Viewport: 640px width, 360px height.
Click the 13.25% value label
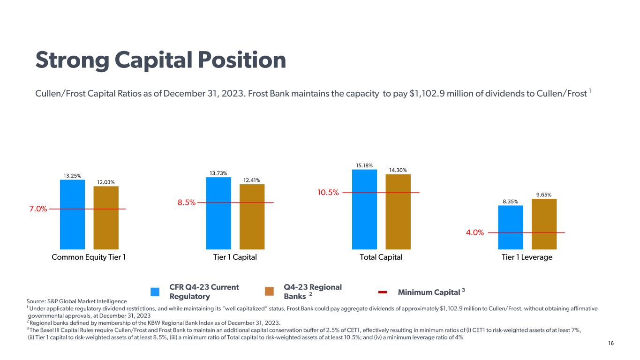pyautogui.click(x=72, y=176)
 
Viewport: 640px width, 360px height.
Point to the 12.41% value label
pyautogui.click(x=252, y=180)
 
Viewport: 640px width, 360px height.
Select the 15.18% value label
pyautogui.click(x=364, y=165)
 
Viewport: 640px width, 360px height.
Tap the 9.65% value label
pyautogui.click(x=544, y=195)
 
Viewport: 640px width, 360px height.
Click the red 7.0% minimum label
pyautogui.click(x=38, y=209)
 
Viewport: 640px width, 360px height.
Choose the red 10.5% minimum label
pyautogui.click(x=328, y=193)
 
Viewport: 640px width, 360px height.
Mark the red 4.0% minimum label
pyautogui.click(x=474, y=232)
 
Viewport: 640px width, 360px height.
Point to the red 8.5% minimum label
pyautogui.click(x=186, y=203)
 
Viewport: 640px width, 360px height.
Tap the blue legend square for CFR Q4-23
pyautogui.click(x=155, y=292)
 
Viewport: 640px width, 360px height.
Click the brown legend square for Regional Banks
pyautogui.click(x=269, y=292)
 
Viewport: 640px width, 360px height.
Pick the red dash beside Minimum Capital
pyautogui.click(x=383, y=292)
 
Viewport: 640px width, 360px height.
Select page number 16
pyautogui.click(x=610, y=344)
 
